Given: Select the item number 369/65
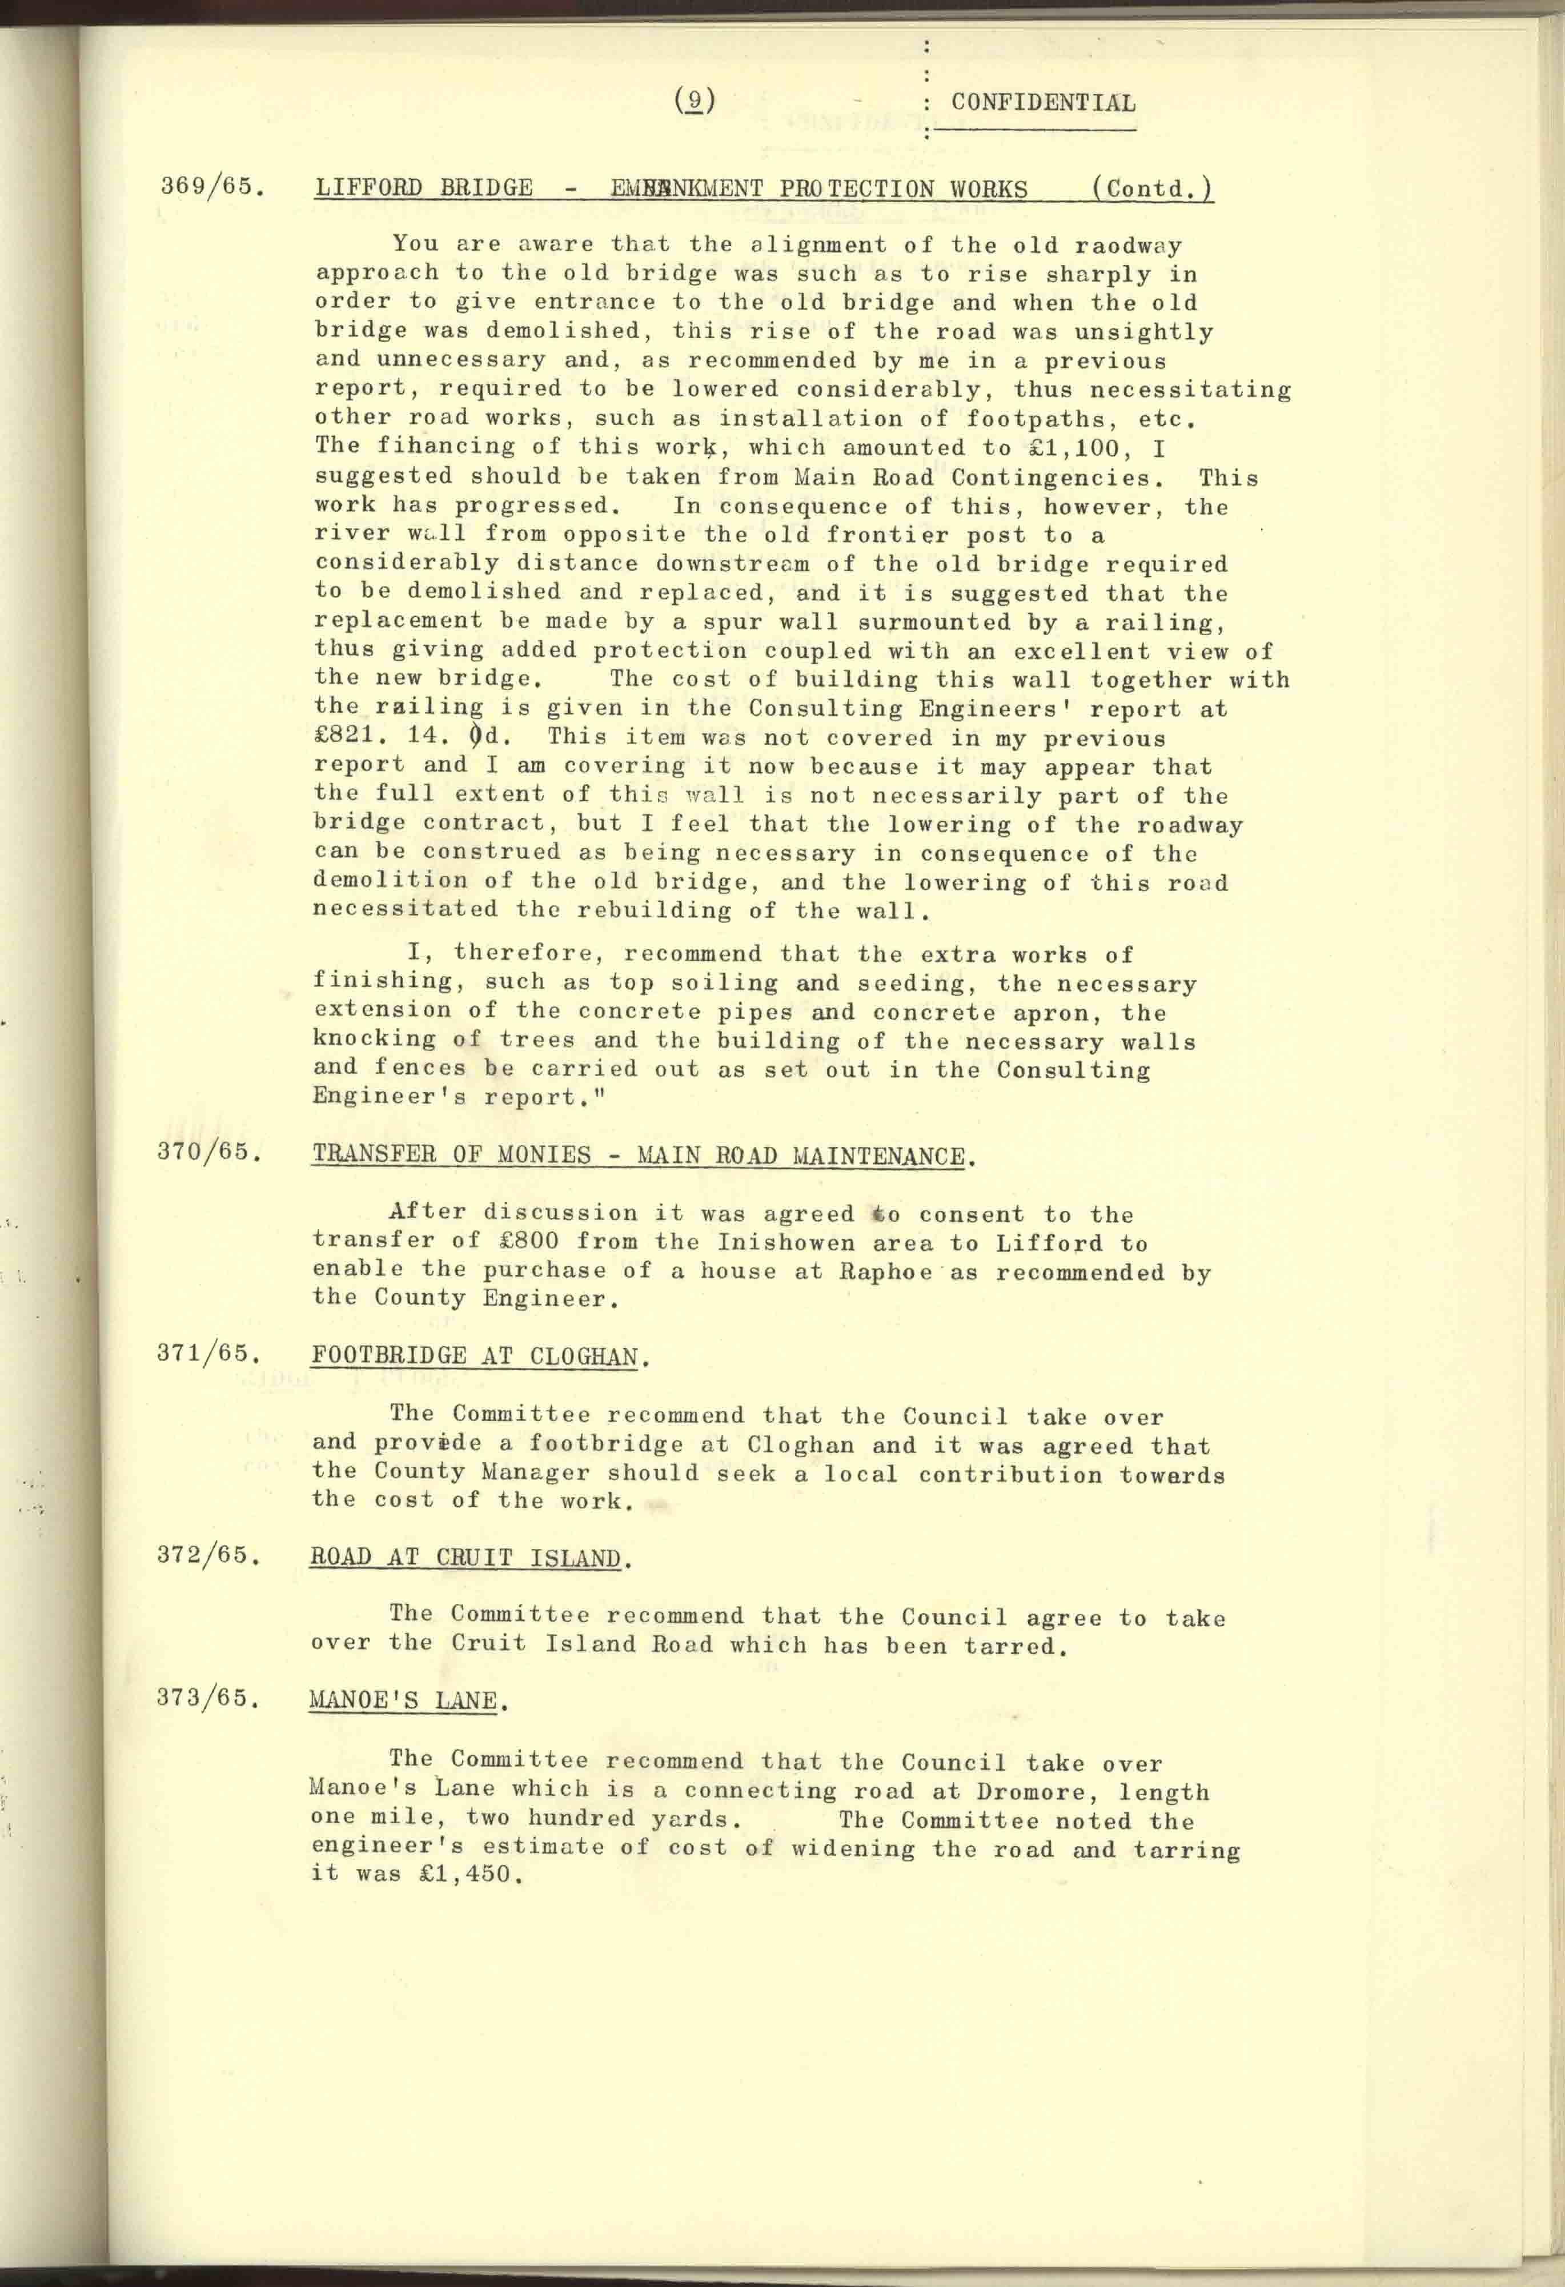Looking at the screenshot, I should (x=212, y=186).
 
